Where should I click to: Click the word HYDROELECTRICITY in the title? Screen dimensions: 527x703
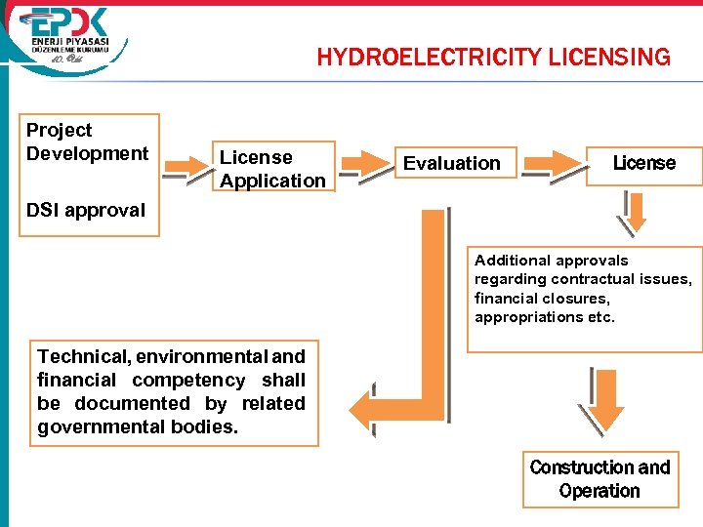click(x=427, y=58)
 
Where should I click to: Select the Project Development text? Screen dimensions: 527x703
click(x=87, y=142)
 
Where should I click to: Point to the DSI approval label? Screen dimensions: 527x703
click(x=86, y=210)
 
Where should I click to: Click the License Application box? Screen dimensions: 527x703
click(x=272, y=169)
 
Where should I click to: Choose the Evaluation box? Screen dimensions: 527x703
click(x=451, y=163)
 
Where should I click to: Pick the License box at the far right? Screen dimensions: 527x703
click(x=643, y=162)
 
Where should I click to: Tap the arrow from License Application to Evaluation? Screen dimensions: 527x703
click(x=362, y=164)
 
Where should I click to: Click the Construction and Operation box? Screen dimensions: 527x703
click(x=600, y=479)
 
